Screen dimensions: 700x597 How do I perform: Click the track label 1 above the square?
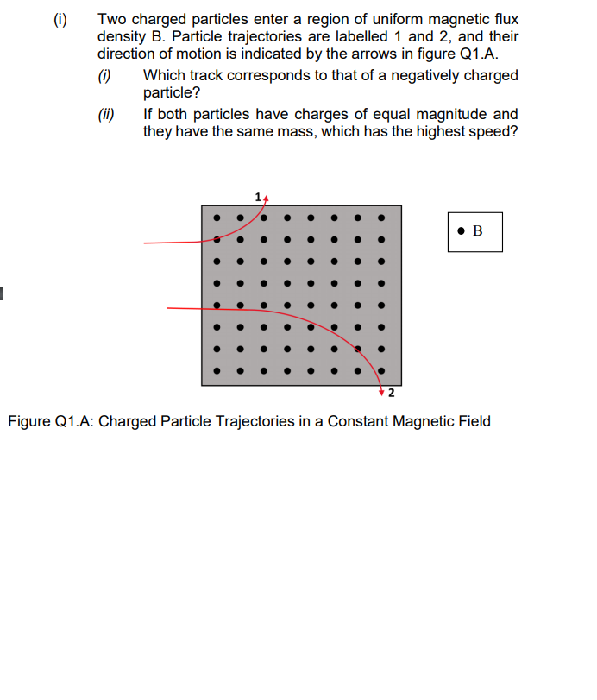(258, 198)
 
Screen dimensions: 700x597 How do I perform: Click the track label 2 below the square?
(391, 394)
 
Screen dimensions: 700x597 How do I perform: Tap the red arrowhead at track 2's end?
(381, 392)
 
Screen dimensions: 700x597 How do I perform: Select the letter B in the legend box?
(478, 230)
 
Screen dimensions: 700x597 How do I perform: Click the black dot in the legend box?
(463, 230)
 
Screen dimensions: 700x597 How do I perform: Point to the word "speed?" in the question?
(493, 132)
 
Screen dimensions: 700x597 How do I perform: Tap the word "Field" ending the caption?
(471, 421)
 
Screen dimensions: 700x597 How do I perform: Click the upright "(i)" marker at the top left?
(59, 18)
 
